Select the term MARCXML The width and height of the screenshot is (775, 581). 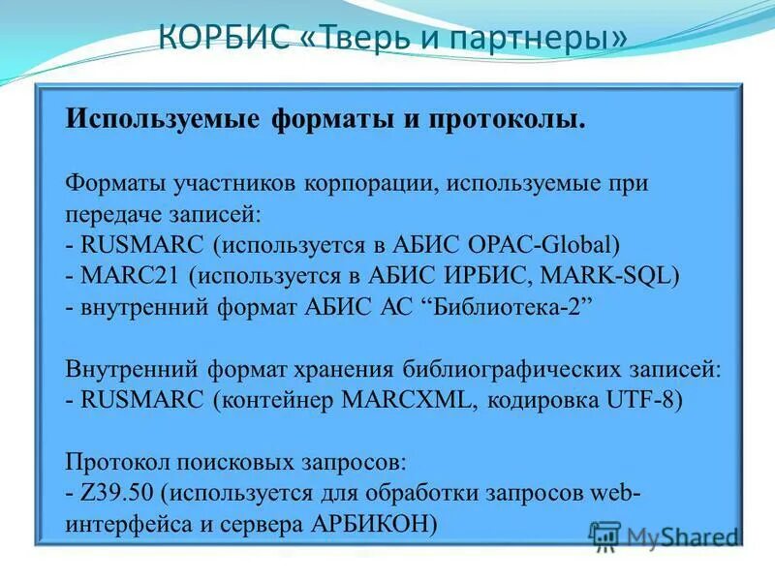point(415,400)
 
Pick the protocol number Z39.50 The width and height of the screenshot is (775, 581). point(113,492)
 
